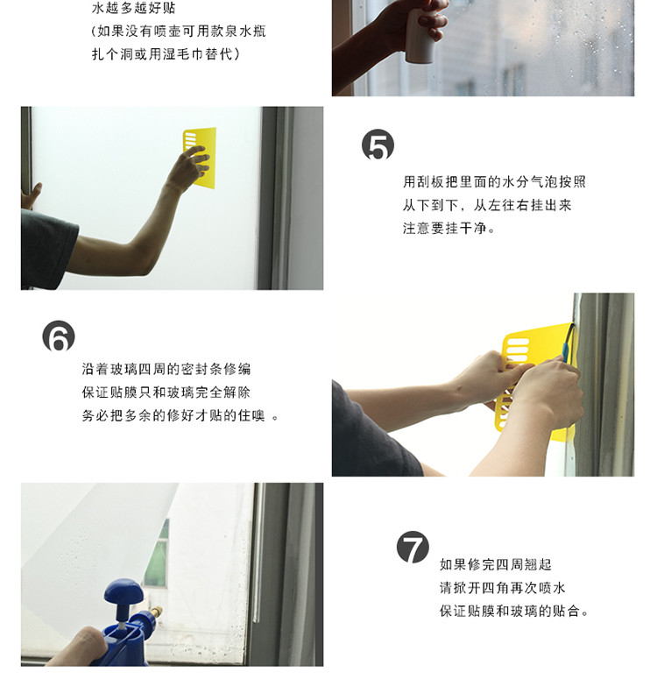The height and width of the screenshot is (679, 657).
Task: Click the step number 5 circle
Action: pyautogui.click(x=378, y=145)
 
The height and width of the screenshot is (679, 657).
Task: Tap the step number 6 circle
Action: pyautogui.click(x=59, y=336)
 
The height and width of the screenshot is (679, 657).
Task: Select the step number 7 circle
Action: pyautogui.click(x=413, y=547)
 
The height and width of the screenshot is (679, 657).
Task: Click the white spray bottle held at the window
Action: pyautogui.click(x=420, y=36)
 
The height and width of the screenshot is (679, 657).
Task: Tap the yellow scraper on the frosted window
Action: pyautogui.click(x=200, y=158)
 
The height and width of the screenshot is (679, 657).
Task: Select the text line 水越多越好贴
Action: pyautogui.click(x=133, y=8)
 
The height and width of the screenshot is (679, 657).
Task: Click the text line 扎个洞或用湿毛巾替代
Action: pyautogui.click(x=166, y=54)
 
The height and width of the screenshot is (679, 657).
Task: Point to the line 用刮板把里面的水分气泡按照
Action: pyautogui.click(x=494, y=182)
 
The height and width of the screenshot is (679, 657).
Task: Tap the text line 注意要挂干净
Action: pyautogui.click(x=449, y=228)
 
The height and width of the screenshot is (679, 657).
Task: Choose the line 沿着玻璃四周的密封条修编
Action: pyautogui.click(x=166, y=369)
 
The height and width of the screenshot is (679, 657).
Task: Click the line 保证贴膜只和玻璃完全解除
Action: pyautogui.click(x=166, y=393)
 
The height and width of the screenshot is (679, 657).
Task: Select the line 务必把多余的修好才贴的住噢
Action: pyautogui.click(x=180, y=415)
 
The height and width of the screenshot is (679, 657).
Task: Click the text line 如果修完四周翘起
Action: pyautogui.click(x=496, y=565)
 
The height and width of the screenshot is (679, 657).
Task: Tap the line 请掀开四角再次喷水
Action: pyautogui.click(x=503, y=588)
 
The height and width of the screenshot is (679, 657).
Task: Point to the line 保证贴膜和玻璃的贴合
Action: pyautogui.click(x=514, y=612)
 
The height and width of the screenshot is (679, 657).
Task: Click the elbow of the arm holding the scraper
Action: pyautogui.click(x=143, y=260)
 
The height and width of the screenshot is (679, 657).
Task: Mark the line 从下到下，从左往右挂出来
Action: pyautogui.click(x=487, y=205)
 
